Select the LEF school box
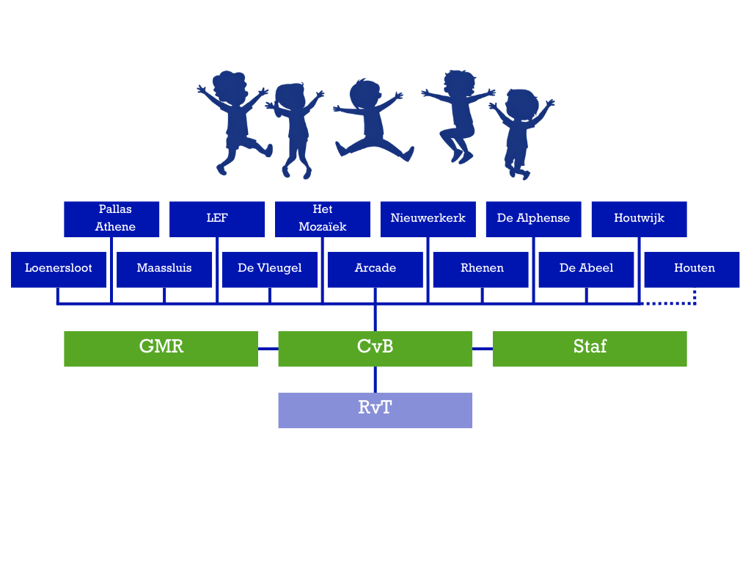pos(217,219)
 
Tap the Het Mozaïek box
pos(323,219)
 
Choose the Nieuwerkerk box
pos(428,219)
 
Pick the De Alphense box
pos(533,219)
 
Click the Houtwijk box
pos(639,219)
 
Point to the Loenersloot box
pos(59,269)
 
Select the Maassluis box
pos(164,269)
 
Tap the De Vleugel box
pos(270,269)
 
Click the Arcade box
pos(375,269)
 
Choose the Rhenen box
pos(480,269)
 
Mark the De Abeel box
pos(586,269)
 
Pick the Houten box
pos(692,269)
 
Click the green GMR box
pos(161,348)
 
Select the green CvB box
pos(375,348)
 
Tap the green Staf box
pos(590,348)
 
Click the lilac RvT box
pos(375,410)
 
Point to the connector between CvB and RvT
pos(375,379)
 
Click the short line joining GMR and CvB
pos(268,349)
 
